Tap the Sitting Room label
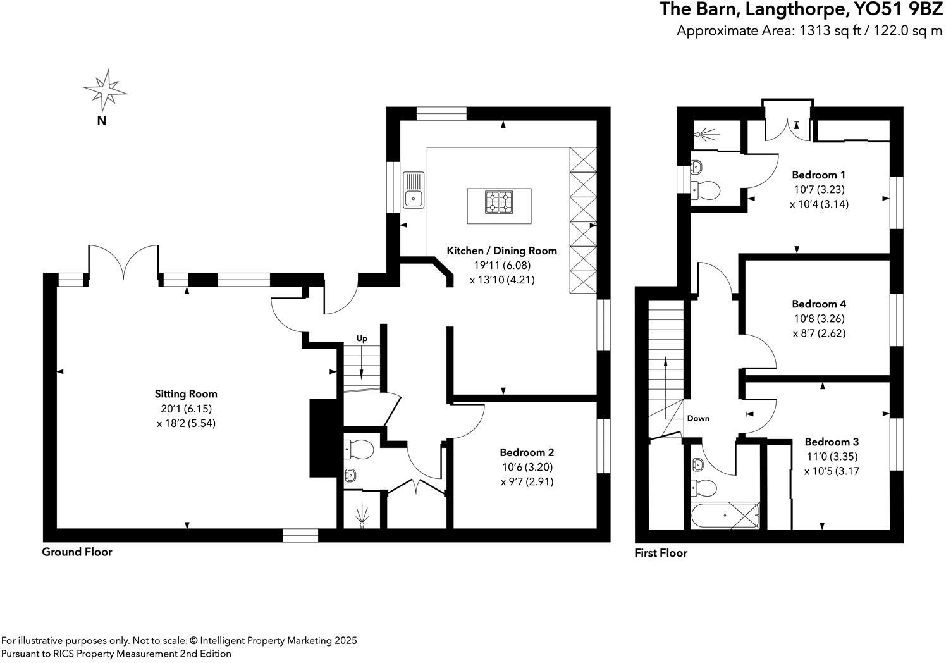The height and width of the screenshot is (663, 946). click(x=187, y=394)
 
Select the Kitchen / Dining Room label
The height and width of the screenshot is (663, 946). click(x=501, y=251)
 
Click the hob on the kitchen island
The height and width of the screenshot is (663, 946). click(x=499, y=202)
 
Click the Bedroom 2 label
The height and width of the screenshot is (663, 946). click(x=527, y=452)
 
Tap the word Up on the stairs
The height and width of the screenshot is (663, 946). click(x=362, y=338)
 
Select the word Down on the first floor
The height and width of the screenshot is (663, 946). click(x=698, y=418)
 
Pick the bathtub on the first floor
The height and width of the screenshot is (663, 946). click(x=725, y=515)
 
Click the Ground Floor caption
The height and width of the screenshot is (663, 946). click(x=77, y=552)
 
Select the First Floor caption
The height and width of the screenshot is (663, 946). click(x=661, y=553)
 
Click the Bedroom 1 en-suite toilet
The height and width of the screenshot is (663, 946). click(x=704, y=189)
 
